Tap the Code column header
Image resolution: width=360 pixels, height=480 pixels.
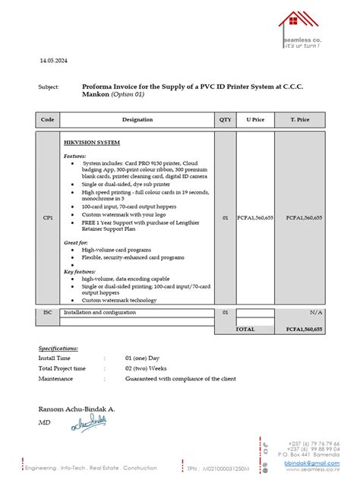(x=47, y=120)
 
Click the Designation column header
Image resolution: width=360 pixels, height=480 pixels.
(x=137, y=120)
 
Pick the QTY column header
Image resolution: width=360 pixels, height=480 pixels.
(x=226, y=120)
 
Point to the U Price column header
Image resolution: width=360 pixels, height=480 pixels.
(x=255, y=120)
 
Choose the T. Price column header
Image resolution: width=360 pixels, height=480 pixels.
(x=300, y=120)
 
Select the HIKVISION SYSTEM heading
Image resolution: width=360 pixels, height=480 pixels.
(x=92, y=142)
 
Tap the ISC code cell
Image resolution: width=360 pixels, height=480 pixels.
(x=47, y=312)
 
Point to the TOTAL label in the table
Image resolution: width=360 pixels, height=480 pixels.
(x=245, y=330)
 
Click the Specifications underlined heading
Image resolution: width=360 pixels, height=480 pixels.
(x=58, y=348)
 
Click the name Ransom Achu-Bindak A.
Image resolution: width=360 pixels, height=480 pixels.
(x=77, y=409)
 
